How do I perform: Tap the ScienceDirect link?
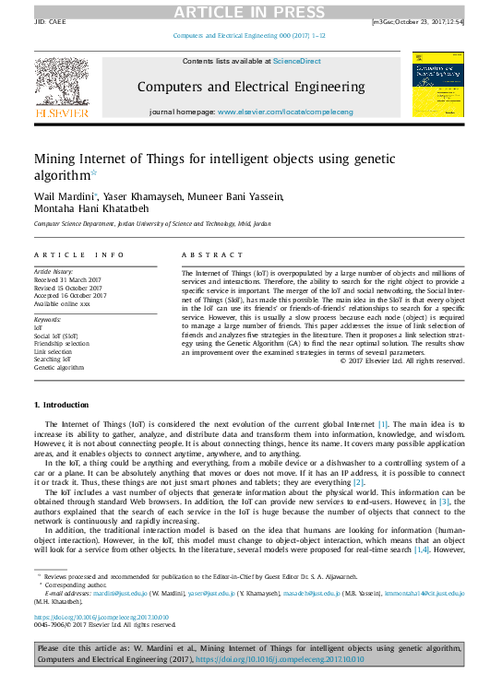click(x=296, y=61)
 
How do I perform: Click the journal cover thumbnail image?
click(x=438, y=85)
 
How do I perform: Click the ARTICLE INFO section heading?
click(x=78, y=254)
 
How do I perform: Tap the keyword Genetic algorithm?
click(x=58, y=367)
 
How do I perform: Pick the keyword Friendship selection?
click(x=62, y=342)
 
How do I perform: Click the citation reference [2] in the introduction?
click(x=359, y=482)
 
